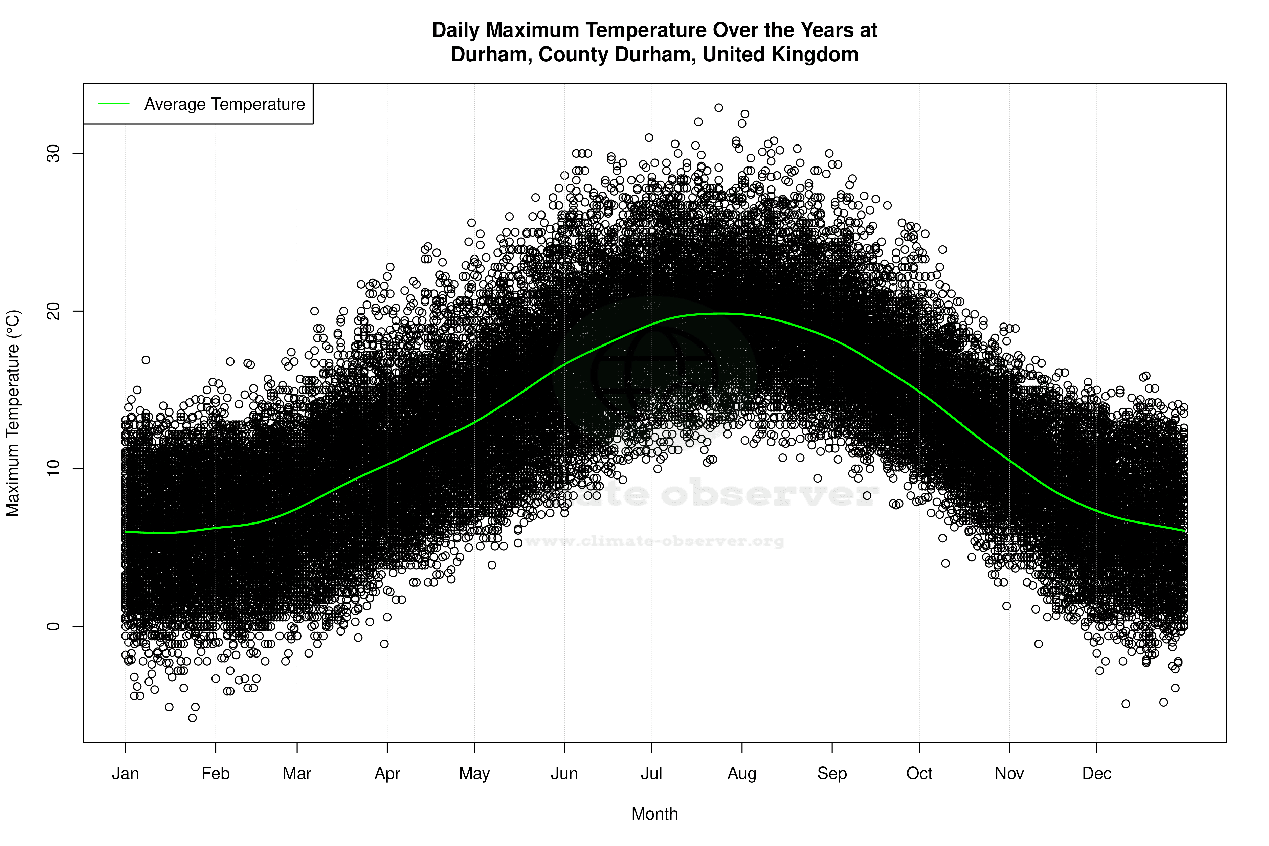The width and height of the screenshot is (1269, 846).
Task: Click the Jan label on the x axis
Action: (125, 774)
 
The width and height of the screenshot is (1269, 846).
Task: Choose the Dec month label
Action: (1096, 774)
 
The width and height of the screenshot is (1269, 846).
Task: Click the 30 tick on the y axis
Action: (53, 154)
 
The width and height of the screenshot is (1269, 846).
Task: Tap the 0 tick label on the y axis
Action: (53, 626)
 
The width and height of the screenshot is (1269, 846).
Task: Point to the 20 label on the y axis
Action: (53, 311)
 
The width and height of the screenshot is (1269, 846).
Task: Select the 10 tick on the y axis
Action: (53, 469)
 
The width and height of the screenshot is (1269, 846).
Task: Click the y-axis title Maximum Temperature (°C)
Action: (13, 413)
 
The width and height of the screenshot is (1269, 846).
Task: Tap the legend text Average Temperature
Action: (224, 104)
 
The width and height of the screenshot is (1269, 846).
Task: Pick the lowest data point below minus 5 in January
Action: (193, 718)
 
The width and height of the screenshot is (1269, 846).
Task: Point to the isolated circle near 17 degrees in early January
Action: (146, 360)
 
